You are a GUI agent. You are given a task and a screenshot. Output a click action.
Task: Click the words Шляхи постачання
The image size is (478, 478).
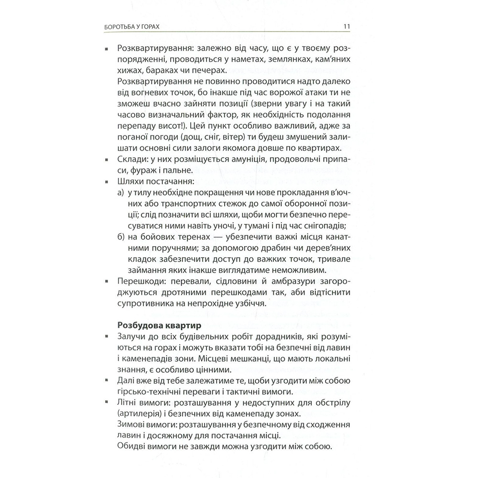click(153, 182)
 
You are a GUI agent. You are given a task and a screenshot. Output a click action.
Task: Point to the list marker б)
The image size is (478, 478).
click(121, 237)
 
